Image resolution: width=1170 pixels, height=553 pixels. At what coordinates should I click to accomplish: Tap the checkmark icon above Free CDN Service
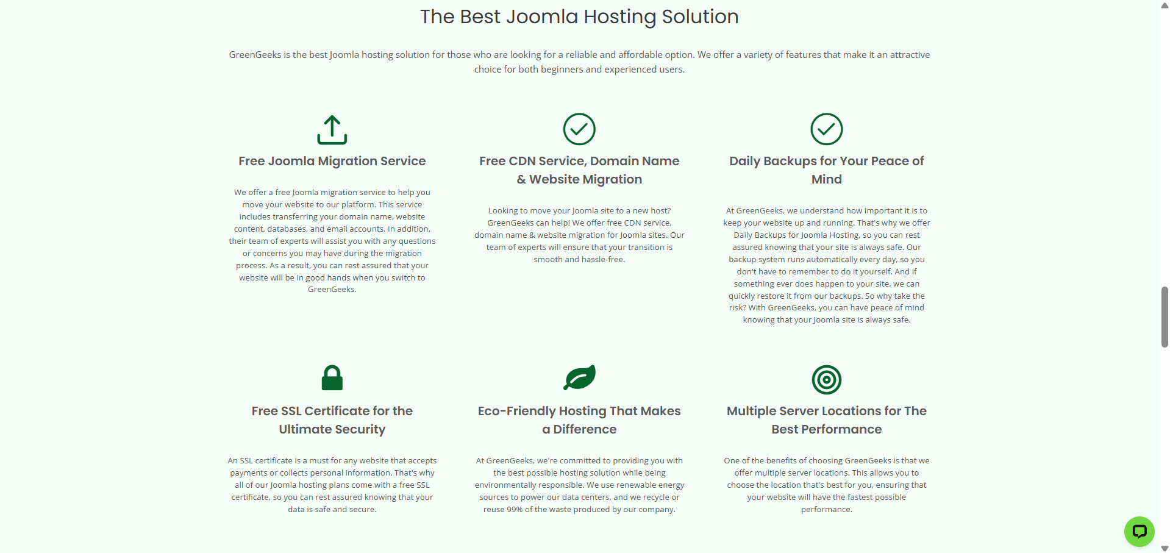579,129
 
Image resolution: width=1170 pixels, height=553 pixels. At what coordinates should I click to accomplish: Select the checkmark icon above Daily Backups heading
827,129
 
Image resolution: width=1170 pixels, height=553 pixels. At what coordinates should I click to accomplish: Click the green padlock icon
332,378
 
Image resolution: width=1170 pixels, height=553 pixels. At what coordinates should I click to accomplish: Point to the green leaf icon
579,377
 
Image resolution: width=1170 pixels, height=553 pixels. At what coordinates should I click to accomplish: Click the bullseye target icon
827,379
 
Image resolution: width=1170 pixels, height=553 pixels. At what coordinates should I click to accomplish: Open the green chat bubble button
1139,532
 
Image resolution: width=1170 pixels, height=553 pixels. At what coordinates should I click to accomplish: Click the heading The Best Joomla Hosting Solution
579,16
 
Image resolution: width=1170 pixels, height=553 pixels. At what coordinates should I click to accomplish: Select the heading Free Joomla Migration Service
332,161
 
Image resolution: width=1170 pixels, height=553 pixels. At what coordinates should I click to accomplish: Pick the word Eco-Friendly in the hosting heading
517,411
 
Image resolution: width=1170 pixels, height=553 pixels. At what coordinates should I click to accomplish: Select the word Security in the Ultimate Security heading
360,429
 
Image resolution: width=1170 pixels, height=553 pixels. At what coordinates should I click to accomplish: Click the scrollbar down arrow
1165,548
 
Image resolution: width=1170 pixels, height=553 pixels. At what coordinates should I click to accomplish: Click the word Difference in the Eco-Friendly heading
585,429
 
